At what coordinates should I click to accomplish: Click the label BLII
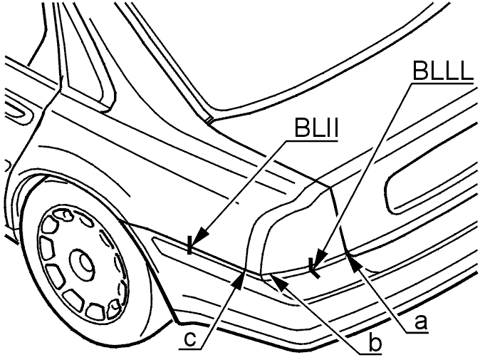[x=316, y=128]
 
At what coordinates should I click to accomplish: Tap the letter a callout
[x=420, y=322]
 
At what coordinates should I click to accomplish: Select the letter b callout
[x=375, y=343]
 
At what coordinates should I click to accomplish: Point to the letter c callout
[x=190, y=339]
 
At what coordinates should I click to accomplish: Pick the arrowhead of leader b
[x=278, y=281]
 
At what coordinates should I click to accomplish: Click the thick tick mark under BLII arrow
[x=190, y=245]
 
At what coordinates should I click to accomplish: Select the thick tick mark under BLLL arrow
[x=314, y=269]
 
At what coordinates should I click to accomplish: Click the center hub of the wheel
[x=83, y=260]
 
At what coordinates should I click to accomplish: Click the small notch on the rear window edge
[x=209, y=120]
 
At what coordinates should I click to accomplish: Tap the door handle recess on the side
[x=17, y=113]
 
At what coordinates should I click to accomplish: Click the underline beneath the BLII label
[x=312, y=141]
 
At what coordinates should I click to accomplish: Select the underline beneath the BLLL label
[x=442, y=83]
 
